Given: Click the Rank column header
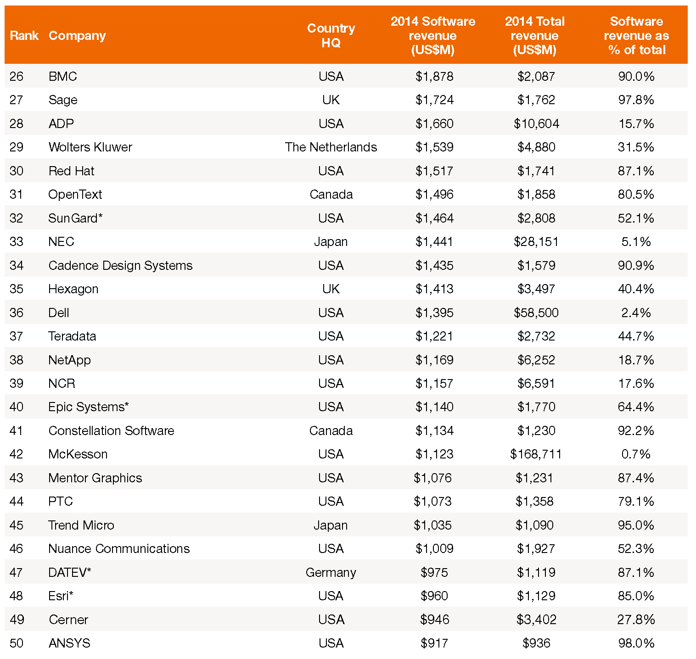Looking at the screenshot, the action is coord(24,36).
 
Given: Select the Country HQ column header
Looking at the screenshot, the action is coord(331,36).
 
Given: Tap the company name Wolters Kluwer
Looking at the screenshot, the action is coord(90,147).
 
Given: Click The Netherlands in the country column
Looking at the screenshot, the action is coord(331,147).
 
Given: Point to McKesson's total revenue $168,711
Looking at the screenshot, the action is coord(536,454).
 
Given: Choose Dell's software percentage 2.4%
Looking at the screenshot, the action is coord(636,313).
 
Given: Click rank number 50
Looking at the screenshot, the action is coord(17,643).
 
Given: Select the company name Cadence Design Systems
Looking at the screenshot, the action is coord(120,266).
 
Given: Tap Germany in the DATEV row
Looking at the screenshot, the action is coord(331,573).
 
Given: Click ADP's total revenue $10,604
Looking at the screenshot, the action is coord(536,124).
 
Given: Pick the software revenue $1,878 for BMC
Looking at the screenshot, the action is coord(434,77).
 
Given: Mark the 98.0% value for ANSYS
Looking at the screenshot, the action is coord(636,643).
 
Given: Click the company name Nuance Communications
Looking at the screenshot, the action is coord(119,549).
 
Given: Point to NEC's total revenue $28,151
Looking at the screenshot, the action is coord(536,242).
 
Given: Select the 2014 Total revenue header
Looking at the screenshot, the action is coord(535,36).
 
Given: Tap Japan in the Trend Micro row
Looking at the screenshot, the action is coord(331,525).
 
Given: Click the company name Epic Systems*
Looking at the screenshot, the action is coord(89,408).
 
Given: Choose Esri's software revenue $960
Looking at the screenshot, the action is coord(434,596).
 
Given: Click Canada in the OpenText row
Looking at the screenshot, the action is coord(331,195).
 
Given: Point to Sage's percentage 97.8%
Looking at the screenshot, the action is coord(636,100).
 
